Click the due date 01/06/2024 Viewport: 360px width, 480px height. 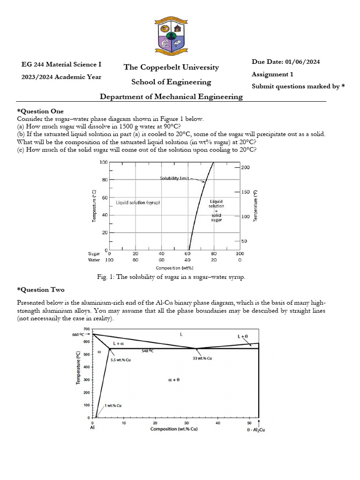click(x=285, y=62)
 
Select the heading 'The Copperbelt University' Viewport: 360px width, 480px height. click(x=171, y=67)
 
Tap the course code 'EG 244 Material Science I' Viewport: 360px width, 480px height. click(x=61, y=65)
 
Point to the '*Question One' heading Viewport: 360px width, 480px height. click(x=40, y=111)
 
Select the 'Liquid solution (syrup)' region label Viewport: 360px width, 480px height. click(x=138, y=202)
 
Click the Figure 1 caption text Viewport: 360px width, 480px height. click(x=171, y=277)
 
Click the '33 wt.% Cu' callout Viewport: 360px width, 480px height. click(x=202, y=358)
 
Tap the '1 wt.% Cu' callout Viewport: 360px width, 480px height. click(x=113, y=405)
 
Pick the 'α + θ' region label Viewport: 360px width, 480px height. click(x=173, y=380)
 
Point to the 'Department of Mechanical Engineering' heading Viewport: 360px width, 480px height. click(x=171, y=97)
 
